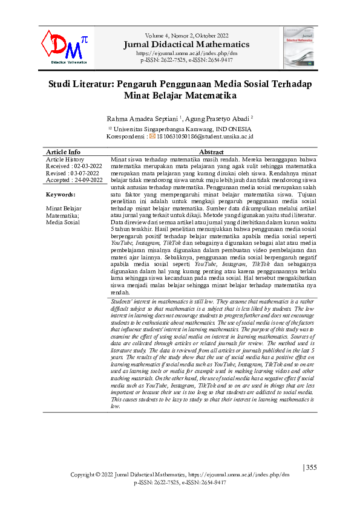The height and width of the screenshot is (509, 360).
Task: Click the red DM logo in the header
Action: pos(65,47)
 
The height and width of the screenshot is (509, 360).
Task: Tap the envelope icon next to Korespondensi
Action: pos(153,137)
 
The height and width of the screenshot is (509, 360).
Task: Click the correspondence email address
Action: pos(205,137)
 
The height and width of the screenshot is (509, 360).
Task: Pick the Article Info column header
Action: pos(64,152)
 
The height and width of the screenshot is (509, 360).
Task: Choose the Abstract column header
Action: pos(211,152)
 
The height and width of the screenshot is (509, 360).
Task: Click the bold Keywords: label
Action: pos(62,195)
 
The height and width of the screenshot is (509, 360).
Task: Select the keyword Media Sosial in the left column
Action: pos(63,222)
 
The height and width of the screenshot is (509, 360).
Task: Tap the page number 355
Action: pos(310,467)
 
